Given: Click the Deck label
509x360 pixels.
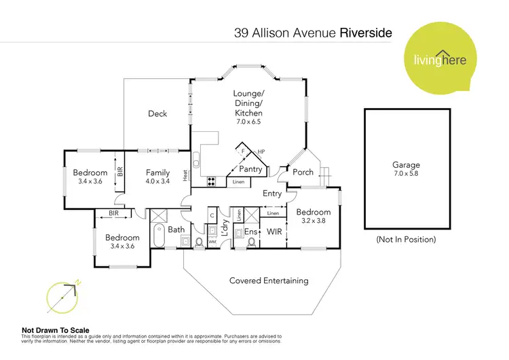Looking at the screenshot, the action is point(157,114).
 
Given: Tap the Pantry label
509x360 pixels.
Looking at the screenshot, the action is point(251,169).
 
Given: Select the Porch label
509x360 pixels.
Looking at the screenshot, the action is point(303,173).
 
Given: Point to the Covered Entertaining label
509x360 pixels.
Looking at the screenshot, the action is point(269,281).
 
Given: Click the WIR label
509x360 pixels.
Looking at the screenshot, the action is point(275,232).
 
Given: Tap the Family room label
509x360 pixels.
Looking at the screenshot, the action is point(157,173).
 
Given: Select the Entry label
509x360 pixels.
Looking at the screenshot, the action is point(272,194).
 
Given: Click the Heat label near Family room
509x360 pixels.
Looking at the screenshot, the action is point(185,175).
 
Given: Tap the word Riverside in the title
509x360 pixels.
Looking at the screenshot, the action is point(364,32).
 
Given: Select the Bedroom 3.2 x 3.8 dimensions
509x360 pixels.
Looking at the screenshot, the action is point(313,221).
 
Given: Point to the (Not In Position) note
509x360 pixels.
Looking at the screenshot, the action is point(406,240).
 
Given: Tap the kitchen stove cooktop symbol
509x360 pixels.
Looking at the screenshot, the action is point(211,181).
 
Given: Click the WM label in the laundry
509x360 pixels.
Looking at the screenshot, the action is point(212,241).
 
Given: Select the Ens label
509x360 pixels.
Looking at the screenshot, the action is point(250,232).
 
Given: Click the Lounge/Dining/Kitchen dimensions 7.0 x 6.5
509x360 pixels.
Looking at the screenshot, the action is point(248,122).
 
